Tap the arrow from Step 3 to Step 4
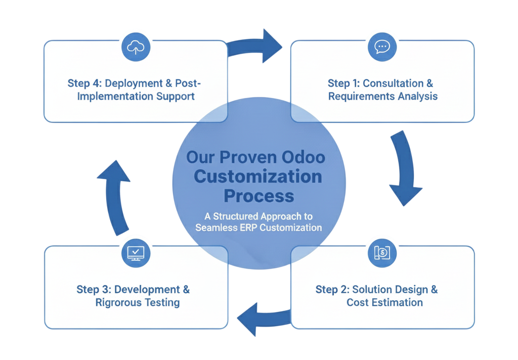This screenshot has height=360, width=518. point(115,195)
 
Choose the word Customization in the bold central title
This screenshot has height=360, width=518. point(258,176)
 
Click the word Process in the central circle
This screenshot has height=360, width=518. point(258,195)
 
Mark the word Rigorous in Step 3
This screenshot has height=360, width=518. point(116,302)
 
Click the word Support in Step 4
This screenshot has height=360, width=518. point(176,96)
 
